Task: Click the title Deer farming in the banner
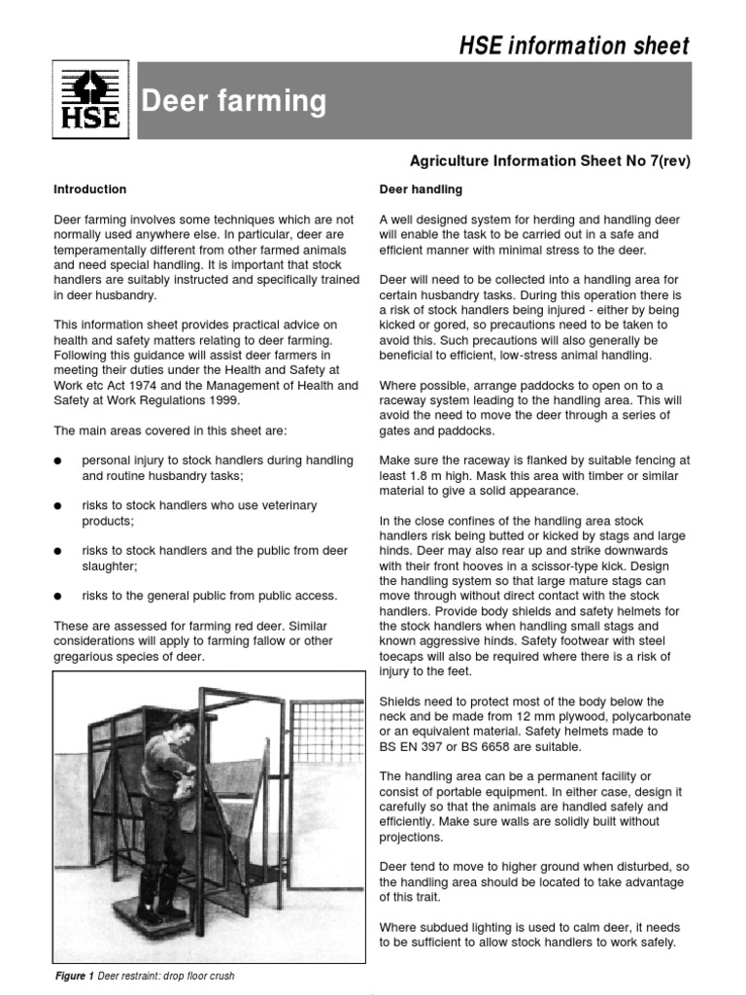235,101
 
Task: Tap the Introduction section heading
89,189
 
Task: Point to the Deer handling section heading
421,189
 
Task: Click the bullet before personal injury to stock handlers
59,462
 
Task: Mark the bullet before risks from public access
59,596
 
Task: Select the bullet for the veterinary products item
59,506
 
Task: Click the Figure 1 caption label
79,977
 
